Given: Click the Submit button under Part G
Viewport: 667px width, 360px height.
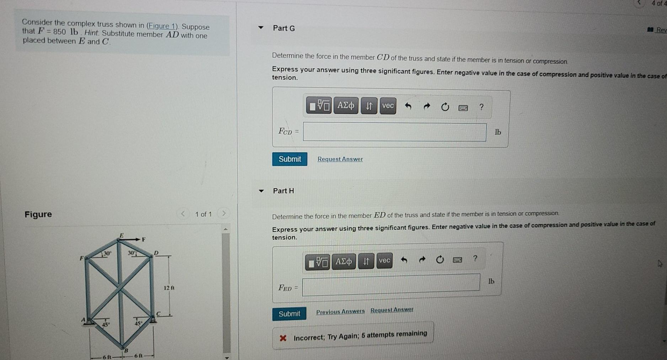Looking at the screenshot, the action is (290, 159).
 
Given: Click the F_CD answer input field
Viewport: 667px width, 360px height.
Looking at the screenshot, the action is (395, 132).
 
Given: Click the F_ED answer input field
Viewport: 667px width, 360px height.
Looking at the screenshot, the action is (391, 285).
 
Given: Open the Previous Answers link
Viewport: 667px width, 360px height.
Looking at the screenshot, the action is (341, 312).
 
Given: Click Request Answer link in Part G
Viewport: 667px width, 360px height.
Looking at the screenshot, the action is (340, 159).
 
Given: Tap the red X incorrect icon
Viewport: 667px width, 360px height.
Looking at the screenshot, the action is (283, 338).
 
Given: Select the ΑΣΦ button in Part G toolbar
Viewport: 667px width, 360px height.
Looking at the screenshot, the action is (346, 106).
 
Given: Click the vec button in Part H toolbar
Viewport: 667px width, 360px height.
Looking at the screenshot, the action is (384, 261).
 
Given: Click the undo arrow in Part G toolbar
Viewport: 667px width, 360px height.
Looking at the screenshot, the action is (408, 106).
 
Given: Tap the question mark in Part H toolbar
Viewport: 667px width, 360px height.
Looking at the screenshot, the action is (475, 258).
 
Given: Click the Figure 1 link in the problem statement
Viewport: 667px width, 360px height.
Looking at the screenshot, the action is (162, 26).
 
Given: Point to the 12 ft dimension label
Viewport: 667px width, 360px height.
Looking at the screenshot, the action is (169, 288).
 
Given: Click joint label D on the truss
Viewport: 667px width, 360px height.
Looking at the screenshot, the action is (156, 253).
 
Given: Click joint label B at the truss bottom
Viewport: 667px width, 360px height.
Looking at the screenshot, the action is (125, 351).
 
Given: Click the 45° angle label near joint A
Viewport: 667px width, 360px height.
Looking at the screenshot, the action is (106, 324).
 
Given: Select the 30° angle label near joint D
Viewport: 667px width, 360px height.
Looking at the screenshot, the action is (132, 253).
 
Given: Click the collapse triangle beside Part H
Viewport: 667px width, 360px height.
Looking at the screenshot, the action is (261, 191).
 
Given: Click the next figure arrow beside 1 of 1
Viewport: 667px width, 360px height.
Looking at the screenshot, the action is (224, 213).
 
